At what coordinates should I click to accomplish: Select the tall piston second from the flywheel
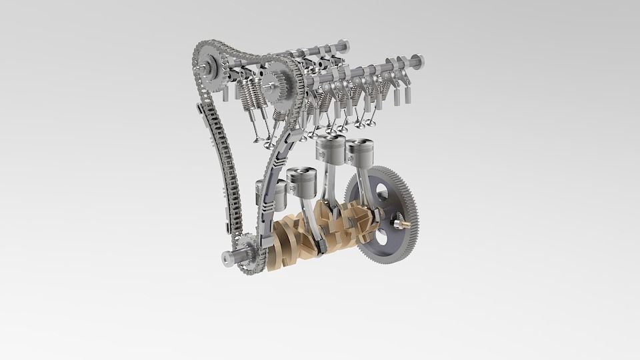(329, 148)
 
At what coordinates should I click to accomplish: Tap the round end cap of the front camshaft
(418, 60)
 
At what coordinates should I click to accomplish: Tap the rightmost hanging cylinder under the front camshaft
(406, 95)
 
